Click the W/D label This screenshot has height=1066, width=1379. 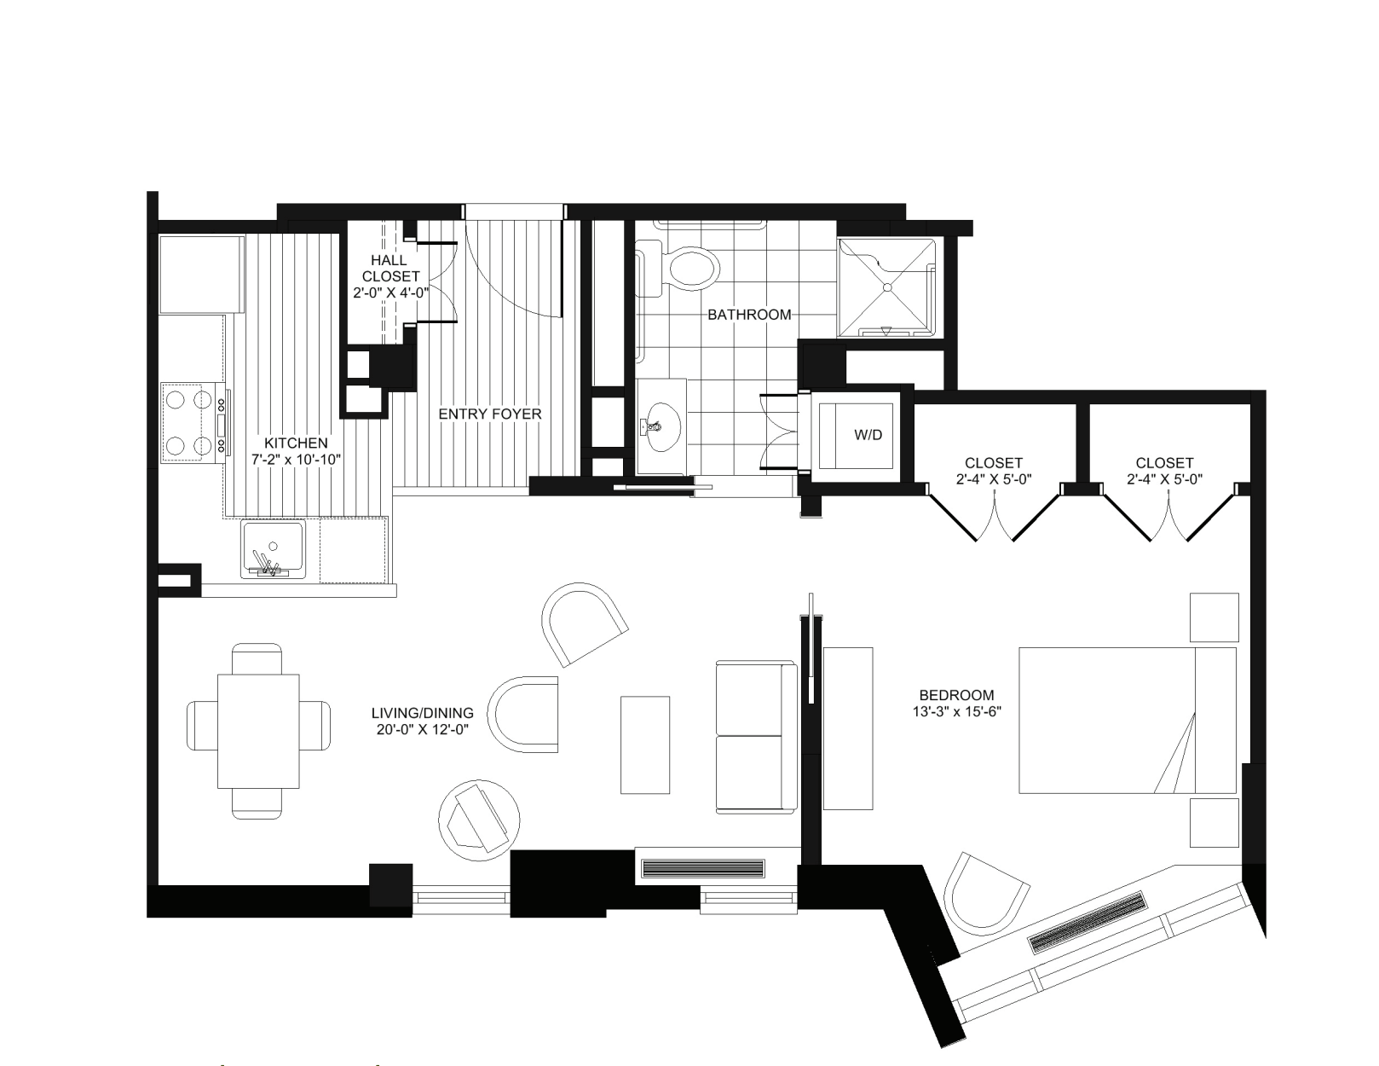tap(868, 435)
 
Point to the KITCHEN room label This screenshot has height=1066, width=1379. tap(295, 443)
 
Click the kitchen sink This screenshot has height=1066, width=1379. tap(273, 548)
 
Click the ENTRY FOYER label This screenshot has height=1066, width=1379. tap(489, 414)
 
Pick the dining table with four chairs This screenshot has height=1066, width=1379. tap(258, 732)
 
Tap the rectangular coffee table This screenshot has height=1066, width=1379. tap(644, 744)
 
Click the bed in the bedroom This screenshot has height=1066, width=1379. tap(1127, 720)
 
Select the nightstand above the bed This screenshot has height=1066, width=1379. tap(1214, 617)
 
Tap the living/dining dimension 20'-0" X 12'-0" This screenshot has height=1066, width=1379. tap(422, 729)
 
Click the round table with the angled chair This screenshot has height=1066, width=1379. tap(478, 818)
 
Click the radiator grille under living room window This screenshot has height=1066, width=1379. tap(703, 869)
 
